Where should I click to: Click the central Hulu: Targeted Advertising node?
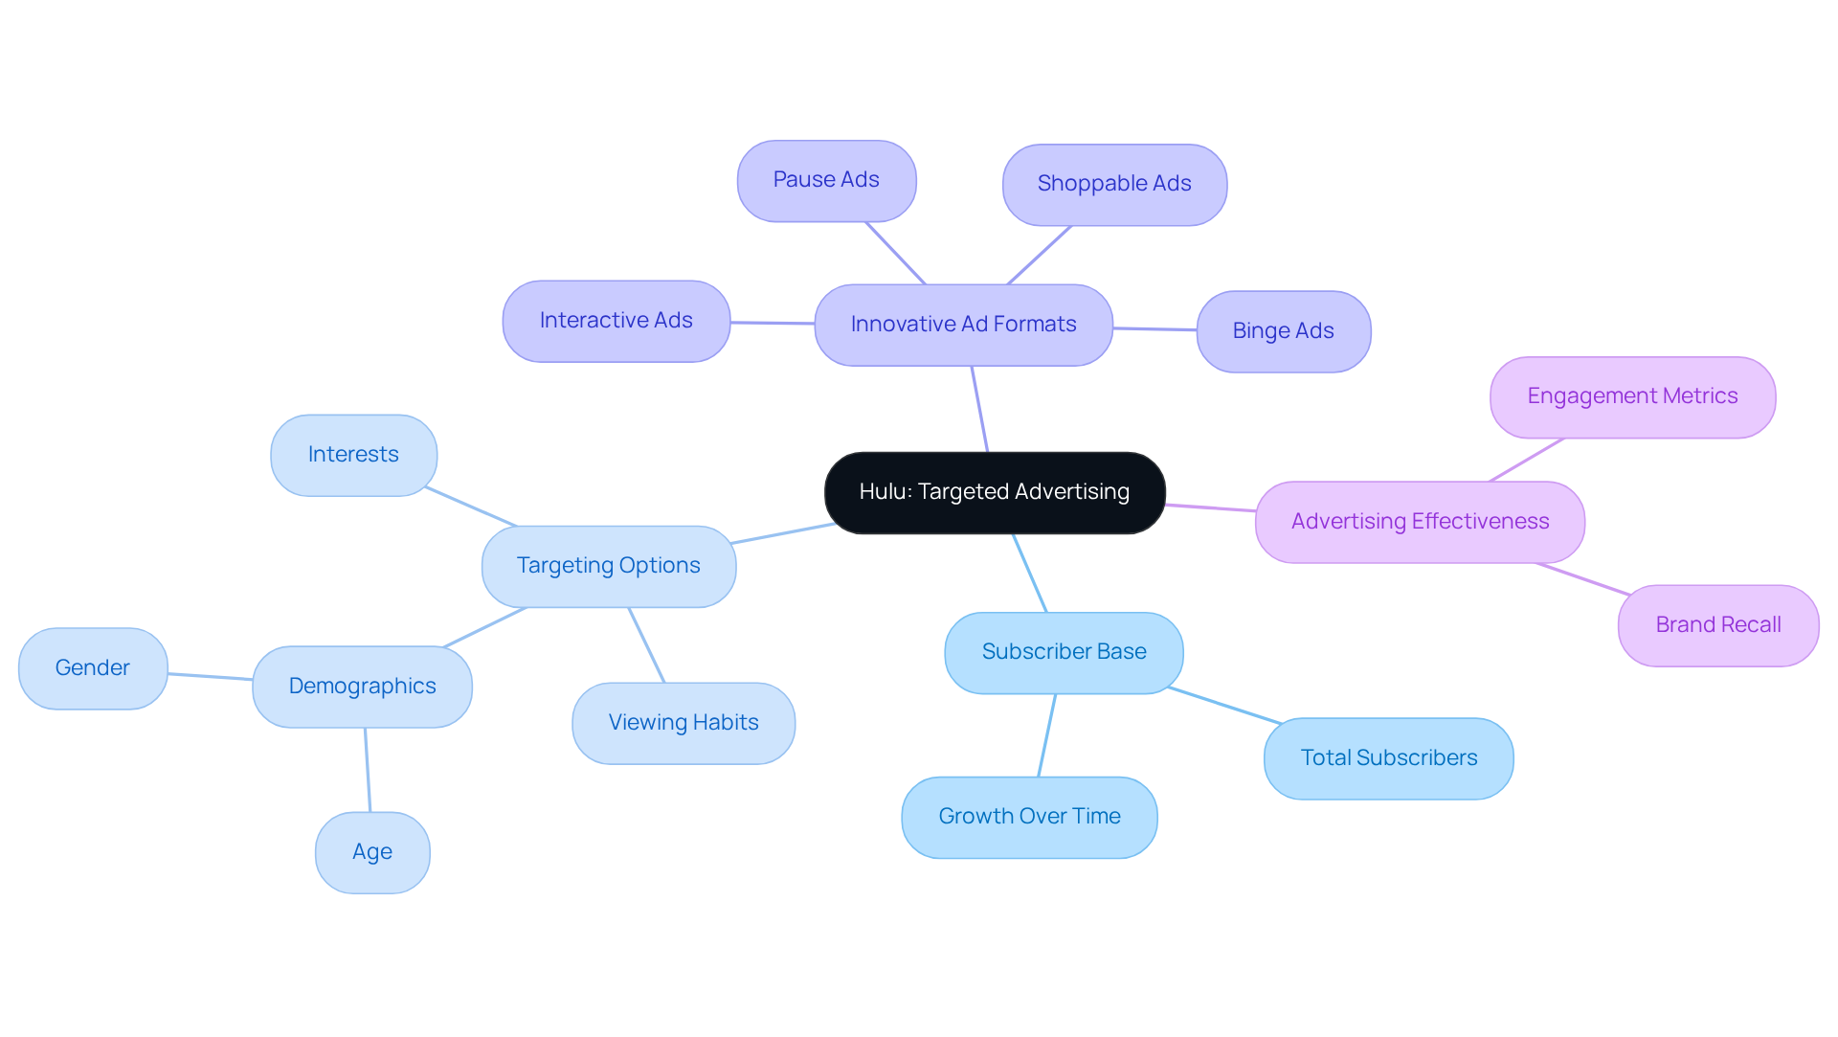click(995, 492)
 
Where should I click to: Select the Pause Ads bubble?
click(826, 180)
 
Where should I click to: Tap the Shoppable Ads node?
click(1114, 184)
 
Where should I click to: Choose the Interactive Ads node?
click(616, 321)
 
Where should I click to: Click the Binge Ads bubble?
click(1283, 331)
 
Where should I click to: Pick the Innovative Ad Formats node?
click(963, 325)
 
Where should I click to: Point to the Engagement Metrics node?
click(1632, 396)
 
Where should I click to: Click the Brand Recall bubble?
click(1718, 625)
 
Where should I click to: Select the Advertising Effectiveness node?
click(1420, 522)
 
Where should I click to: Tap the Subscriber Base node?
click(1064, 652)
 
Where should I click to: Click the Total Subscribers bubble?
click(1388, 758)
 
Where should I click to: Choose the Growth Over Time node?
click(1029, 817)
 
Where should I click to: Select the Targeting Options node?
click(608, 566)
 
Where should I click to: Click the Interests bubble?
click(353, 455)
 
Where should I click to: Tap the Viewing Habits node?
click(684, 723)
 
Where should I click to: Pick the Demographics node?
click(362, 687)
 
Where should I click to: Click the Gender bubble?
click(93, 668)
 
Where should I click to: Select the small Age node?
click(372, 852)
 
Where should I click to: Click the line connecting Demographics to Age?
click(368, 770)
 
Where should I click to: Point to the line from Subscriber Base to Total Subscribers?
click(1225, 706)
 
